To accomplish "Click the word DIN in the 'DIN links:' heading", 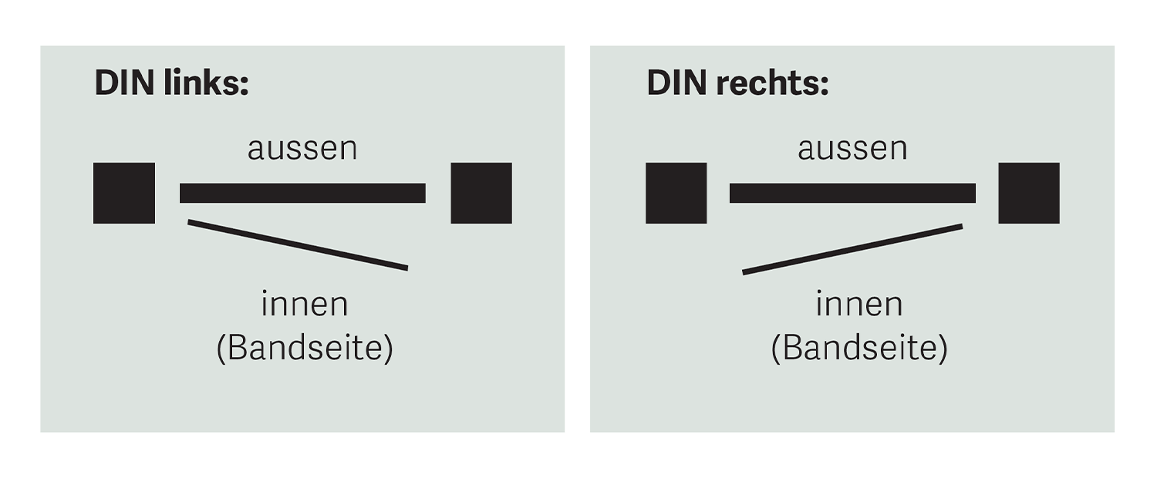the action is coord(124,83).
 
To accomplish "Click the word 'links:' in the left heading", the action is coord(206,83).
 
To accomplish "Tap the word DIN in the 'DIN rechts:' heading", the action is coord(676,83).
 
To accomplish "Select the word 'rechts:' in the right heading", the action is coord(772,83).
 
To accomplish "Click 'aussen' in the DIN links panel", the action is coord(302,149).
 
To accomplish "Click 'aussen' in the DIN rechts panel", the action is coord(853,149).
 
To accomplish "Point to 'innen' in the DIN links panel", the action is coord(305,305).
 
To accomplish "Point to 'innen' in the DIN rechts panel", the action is coord(859,305).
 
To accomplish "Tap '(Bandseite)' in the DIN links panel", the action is coord(305,349).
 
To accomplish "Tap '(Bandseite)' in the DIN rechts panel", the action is coord(859,349).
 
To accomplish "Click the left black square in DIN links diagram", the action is coord(124,194).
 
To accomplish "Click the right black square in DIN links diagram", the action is coord(481,194).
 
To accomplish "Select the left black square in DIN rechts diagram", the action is coord(676,194).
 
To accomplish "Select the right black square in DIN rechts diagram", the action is coord(1029,194).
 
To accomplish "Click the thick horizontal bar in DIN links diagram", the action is coord(302,193).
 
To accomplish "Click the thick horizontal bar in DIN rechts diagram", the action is coord(853,193).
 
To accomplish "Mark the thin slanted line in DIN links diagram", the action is coord(298,245).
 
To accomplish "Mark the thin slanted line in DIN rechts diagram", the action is coord(852,249).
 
